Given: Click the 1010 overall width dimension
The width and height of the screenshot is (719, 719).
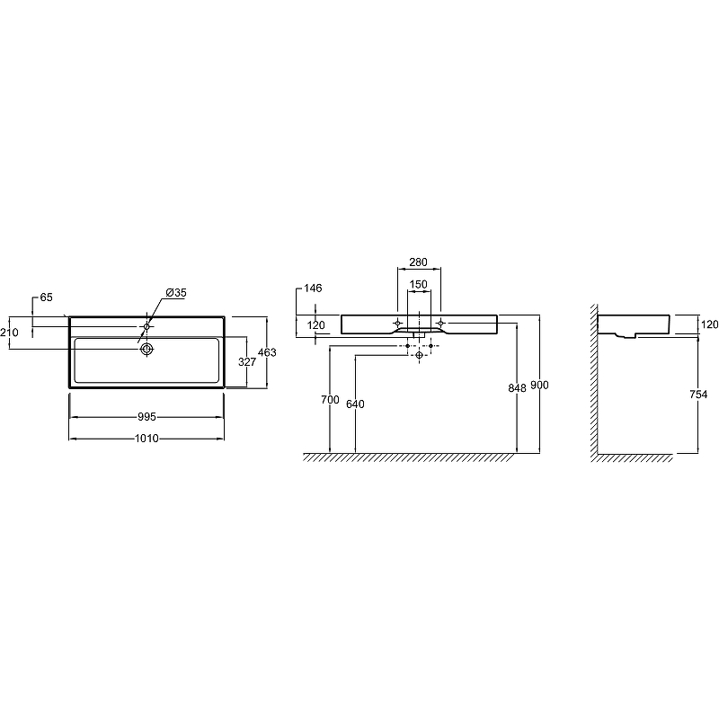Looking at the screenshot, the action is [146, 439].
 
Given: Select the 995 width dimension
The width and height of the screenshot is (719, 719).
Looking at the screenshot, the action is [146, 417].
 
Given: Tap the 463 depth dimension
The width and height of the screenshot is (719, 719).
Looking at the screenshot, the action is [267, 352].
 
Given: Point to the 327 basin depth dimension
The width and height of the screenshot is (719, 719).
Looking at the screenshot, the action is [246, 362].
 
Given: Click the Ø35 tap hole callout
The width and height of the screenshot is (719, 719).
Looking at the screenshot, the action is [176, 293].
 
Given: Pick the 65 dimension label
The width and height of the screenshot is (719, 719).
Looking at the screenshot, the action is [47, 297].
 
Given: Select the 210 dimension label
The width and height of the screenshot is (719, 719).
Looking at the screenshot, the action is [9, 332].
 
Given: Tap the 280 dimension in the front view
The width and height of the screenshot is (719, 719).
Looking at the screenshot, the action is [418, 262].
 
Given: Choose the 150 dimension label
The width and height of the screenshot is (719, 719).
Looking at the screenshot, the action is [418, 284].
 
